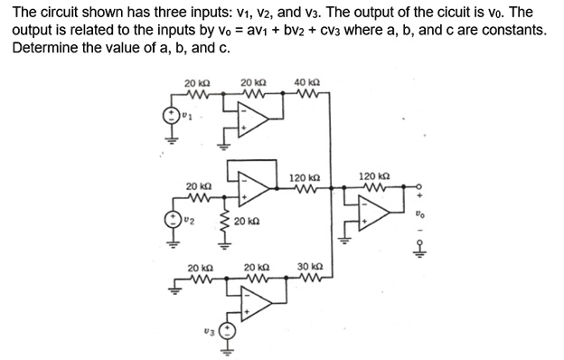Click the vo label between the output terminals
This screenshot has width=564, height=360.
pyautogui.click(x=418, y=215)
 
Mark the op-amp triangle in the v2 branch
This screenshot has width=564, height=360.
pyautogui.click(x=256, y=188)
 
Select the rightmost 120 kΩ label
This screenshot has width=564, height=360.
pyautogui.click(x=374, y=175)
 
